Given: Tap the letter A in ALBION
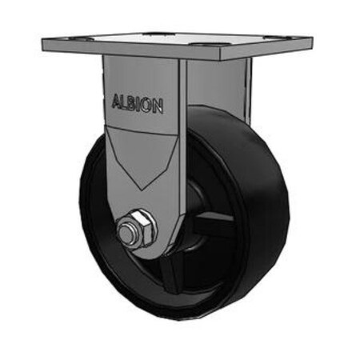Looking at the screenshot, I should pos(113,102).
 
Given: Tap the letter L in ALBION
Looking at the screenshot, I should pos(120,102).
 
